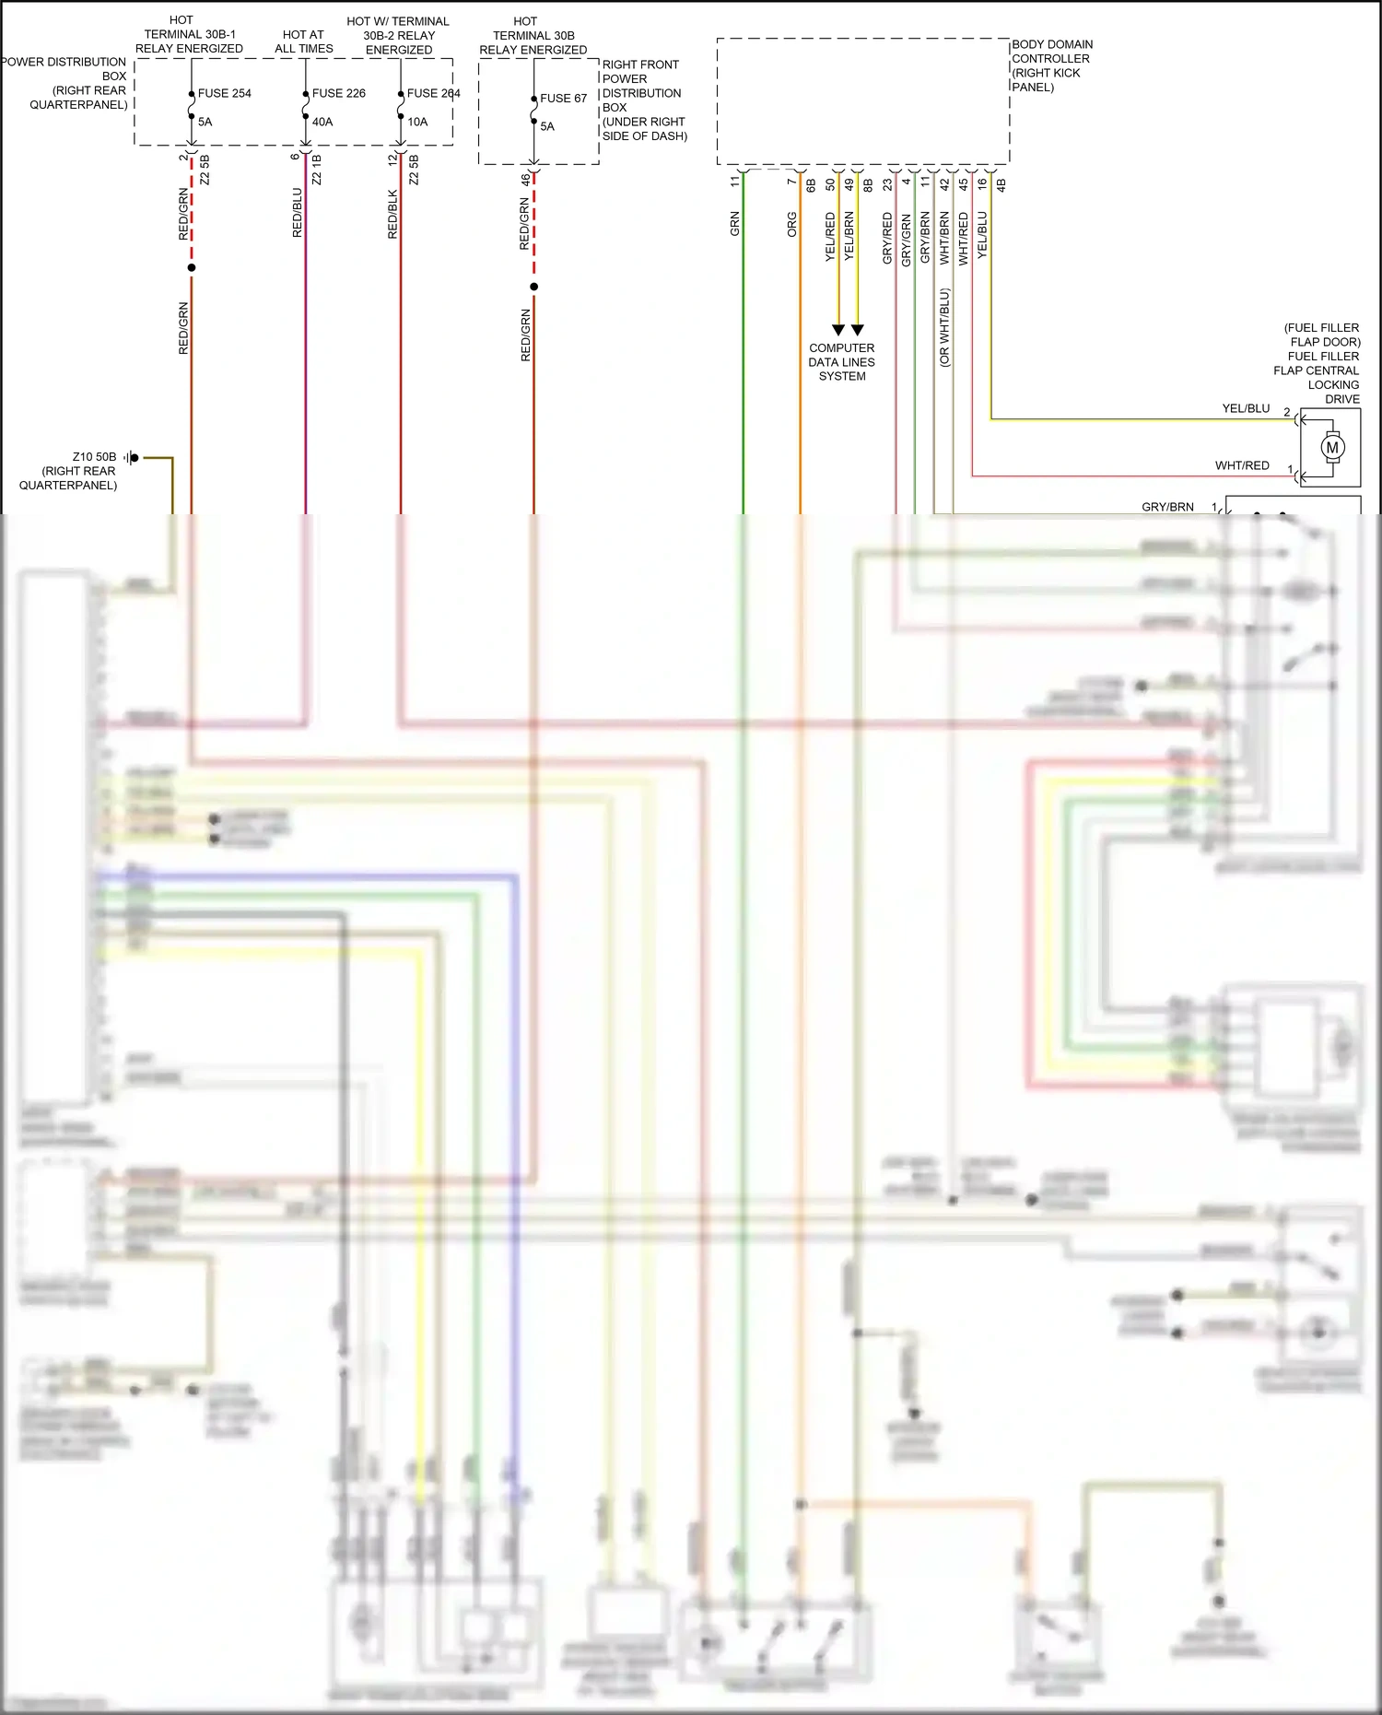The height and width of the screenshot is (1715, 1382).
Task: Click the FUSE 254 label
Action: point(224,93)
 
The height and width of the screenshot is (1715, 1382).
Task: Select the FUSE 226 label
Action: point(338,93)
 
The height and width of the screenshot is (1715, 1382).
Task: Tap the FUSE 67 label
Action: point(563,98)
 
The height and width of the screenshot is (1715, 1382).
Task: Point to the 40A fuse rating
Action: point(322,122)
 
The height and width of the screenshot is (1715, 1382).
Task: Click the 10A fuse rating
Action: point(417,122)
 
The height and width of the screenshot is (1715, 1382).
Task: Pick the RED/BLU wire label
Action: point(297,213)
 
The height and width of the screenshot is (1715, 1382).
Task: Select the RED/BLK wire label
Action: point(392,215)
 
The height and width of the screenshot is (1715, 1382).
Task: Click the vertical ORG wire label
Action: point(791,225)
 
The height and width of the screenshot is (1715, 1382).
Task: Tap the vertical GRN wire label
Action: point(735,224)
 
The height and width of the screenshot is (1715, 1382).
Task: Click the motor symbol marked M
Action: point(1332,448)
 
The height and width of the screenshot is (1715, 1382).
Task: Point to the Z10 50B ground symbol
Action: point(133,457)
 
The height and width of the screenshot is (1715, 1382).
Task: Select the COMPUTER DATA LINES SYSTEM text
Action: point(841,362)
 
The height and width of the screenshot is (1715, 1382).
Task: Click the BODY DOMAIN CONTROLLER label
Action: point(1051,65)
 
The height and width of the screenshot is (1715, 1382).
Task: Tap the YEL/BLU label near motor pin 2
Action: point(1246,408)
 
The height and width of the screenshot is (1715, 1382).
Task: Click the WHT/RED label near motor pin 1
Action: point(1242,465)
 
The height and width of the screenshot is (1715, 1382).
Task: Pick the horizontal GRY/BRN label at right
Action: point(1167,507)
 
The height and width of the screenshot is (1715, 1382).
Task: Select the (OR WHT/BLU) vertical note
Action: point(944,328)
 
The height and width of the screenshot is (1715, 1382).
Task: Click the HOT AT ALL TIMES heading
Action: point(303,41)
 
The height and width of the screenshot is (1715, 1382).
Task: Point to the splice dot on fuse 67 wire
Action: point(533,287)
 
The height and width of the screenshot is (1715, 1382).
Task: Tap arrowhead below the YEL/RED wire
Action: point(837,330)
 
